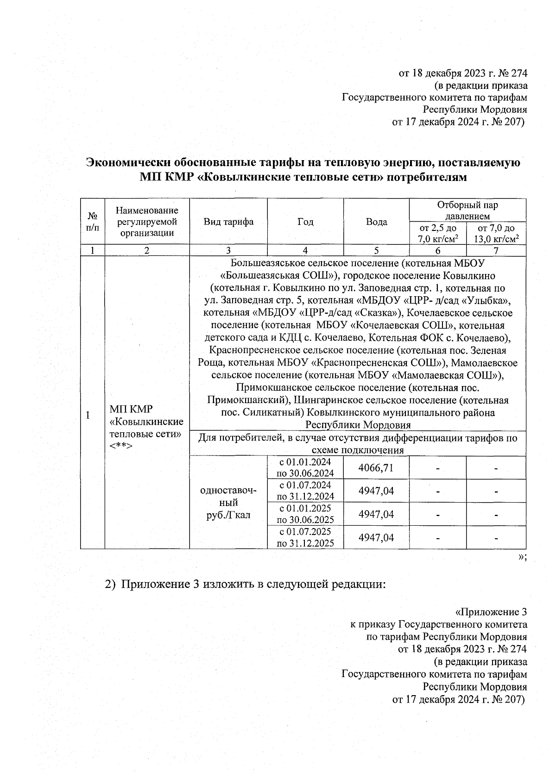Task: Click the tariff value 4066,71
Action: pos(376,467)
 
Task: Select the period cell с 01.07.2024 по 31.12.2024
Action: pos(305,491)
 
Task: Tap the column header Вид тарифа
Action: pos(228,222)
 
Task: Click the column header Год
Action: pos(305,222)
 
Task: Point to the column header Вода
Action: pos(376,222)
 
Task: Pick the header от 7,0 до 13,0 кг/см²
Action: pos(496,233)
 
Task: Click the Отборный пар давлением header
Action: pos(468,211)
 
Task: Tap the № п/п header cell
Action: pos(93,222)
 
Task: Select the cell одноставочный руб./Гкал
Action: pos(228,502)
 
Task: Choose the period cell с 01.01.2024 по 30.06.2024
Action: pos(305,467)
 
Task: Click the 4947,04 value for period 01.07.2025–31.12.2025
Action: pos(376,537)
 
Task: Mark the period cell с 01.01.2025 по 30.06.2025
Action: pos(305,514)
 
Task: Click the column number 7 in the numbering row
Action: pos(496,250)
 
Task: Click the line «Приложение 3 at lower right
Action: pos(491,612)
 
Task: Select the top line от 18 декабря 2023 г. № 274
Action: pos(463,74)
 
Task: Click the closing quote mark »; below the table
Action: pos(523,557)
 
